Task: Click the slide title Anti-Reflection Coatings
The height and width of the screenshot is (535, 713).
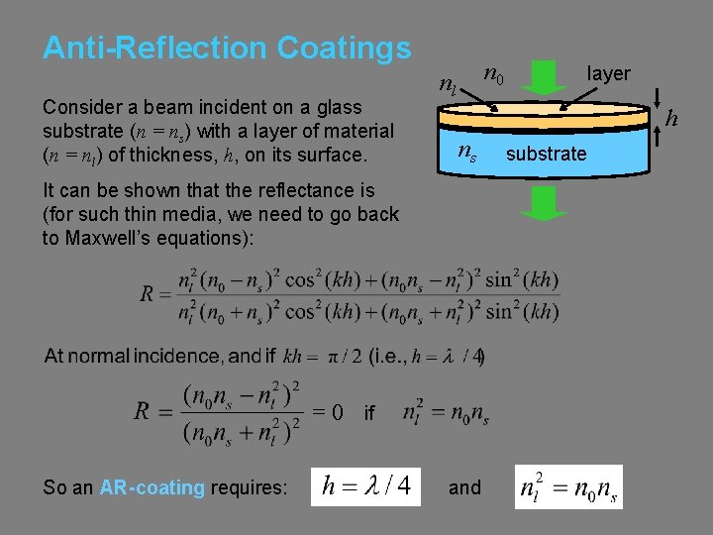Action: tap(226, 48)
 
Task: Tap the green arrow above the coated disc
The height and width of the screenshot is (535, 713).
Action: tap(545, 76)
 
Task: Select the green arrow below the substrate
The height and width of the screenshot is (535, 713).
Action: tap(545, 201)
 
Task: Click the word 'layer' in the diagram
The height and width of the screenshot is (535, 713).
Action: tap(608, 73)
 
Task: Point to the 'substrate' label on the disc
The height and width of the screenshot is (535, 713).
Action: tap(546, 154)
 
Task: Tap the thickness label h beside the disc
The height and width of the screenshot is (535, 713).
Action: tap(670, 119)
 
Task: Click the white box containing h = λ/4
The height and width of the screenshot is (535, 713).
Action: tap(365, 486)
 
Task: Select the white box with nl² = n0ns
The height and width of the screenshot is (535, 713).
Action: tap(568, 486)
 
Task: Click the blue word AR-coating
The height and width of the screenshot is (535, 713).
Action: tap(153, 487)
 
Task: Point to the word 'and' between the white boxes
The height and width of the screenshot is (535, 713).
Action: tap(464, 487)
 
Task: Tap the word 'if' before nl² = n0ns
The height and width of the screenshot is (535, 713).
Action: tap(368, 413)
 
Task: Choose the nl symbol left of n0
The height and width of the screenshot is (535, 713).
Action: tap(448, 84)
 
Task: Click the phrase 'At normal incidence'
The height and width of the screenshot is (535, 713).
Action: tap(134, 355)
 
